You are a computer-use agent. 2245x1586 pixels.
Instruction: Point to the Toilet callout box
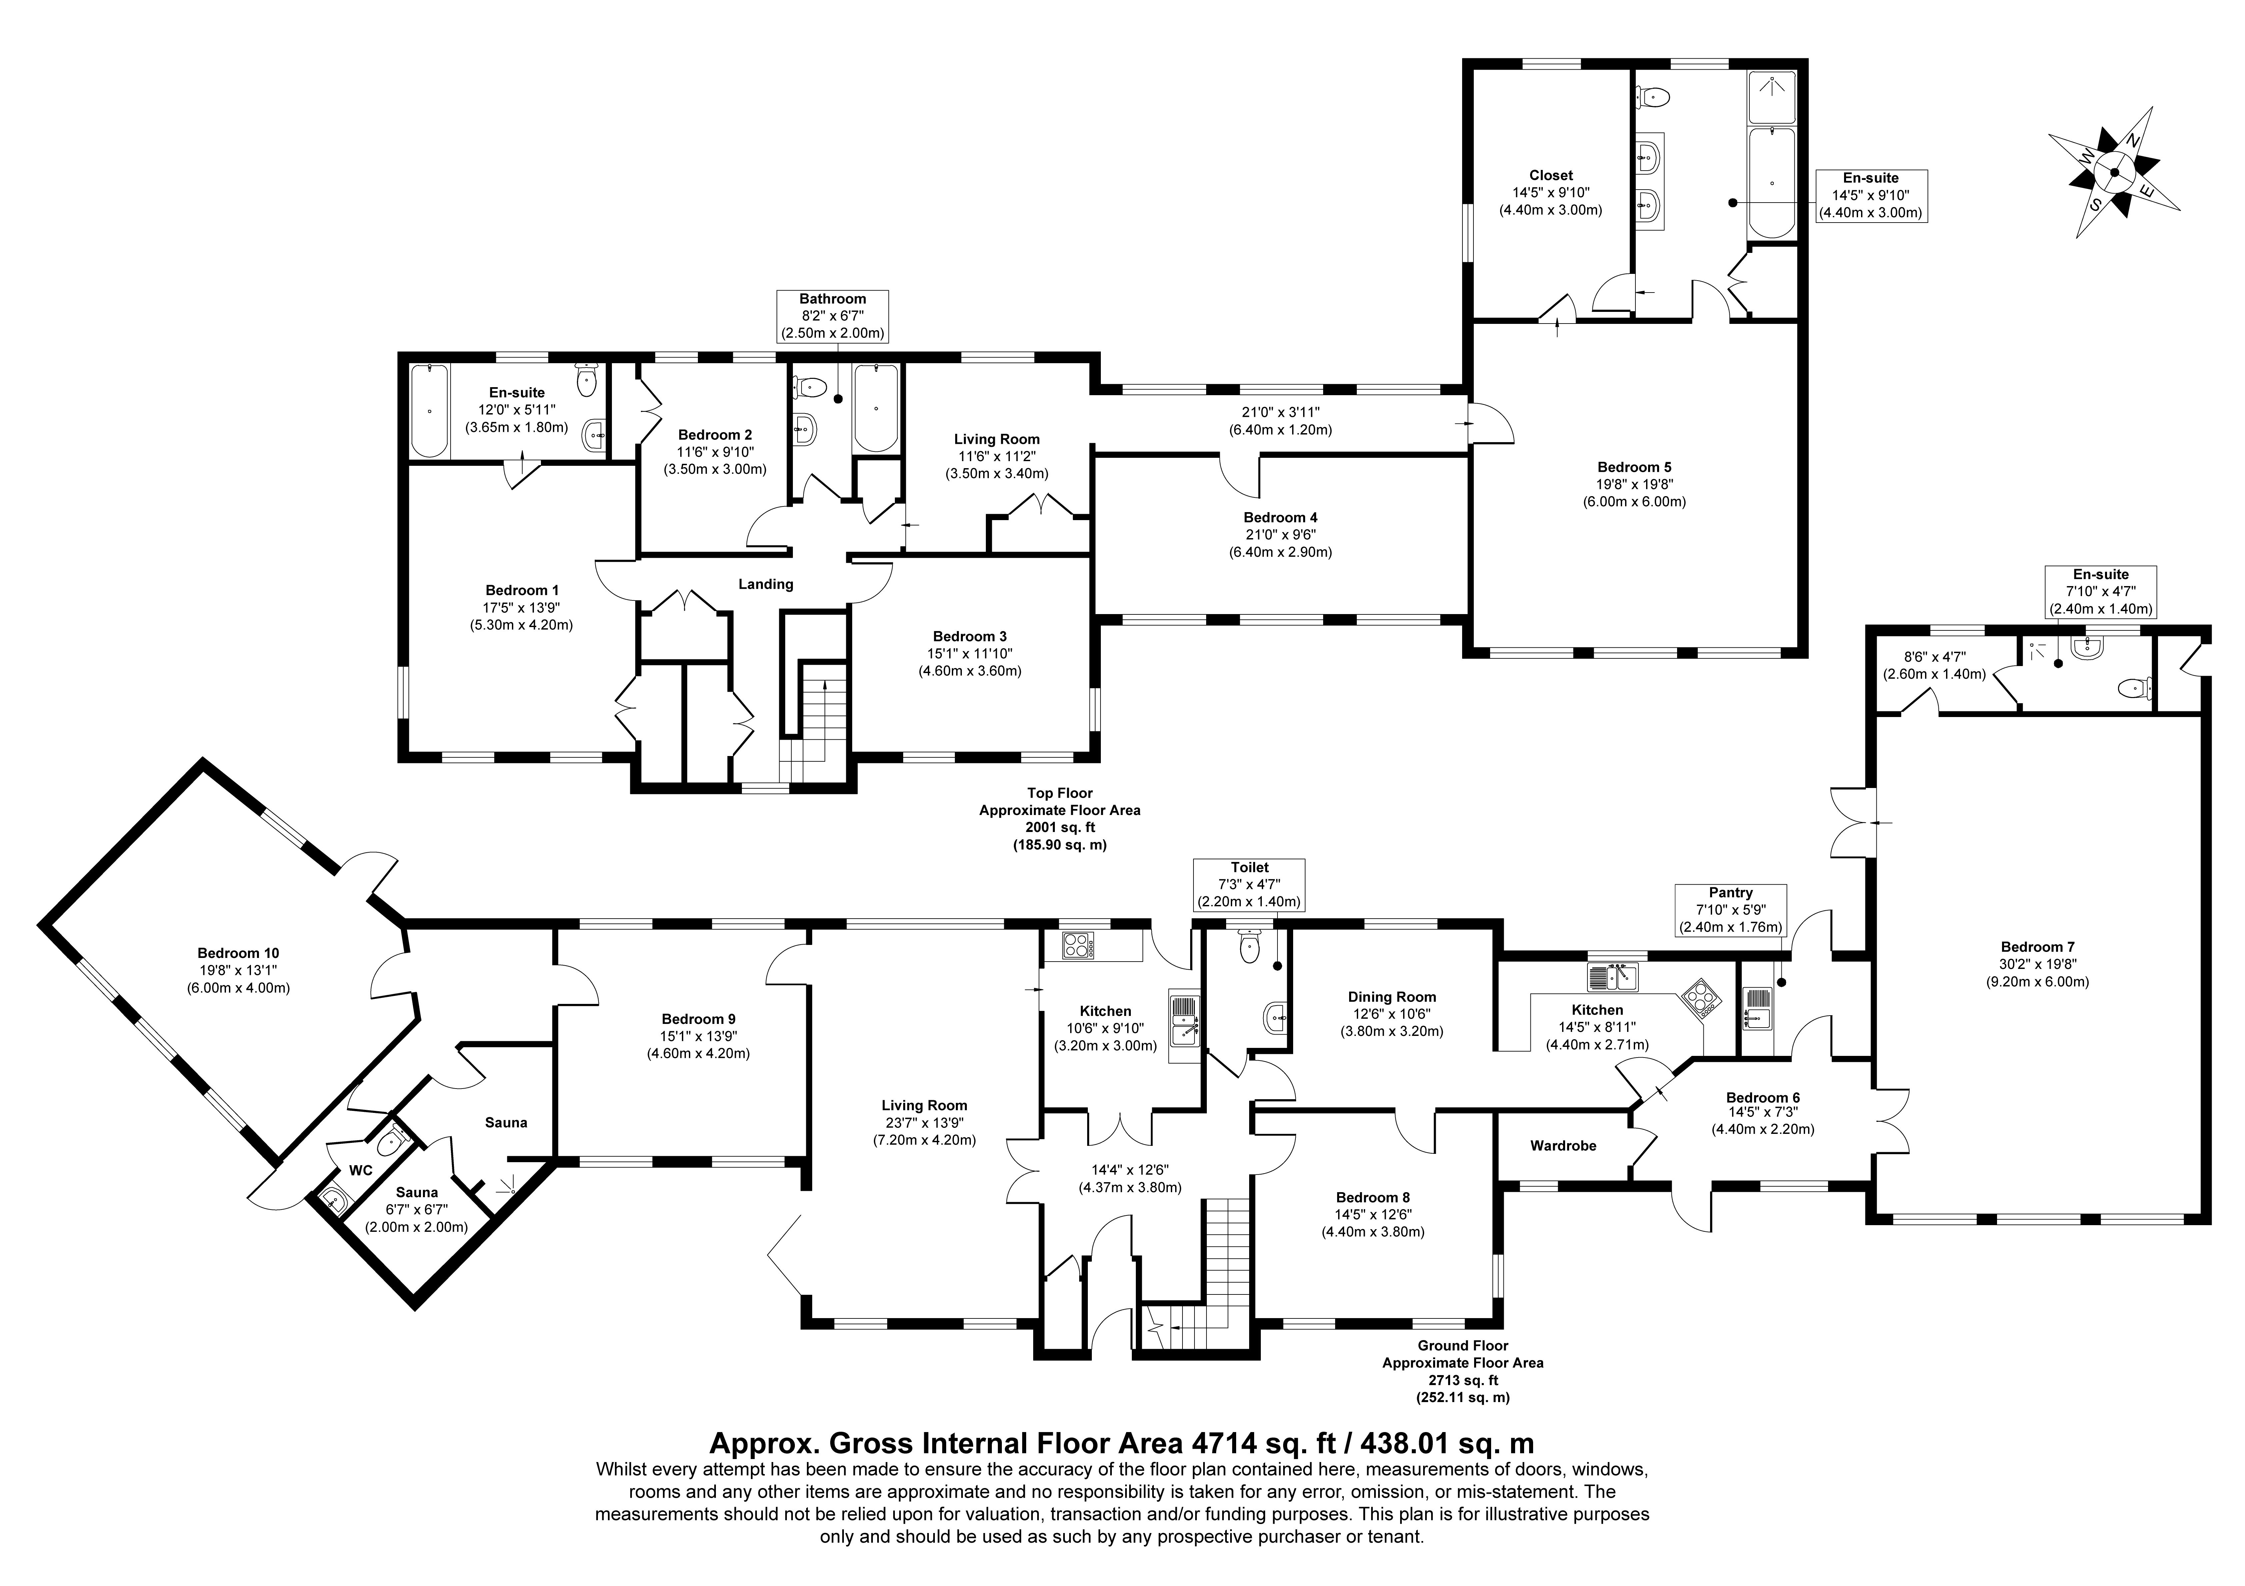tap(1249, 885)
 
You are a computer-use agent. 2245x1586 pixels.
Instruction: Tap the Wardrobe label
tap(1563, 1145)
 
